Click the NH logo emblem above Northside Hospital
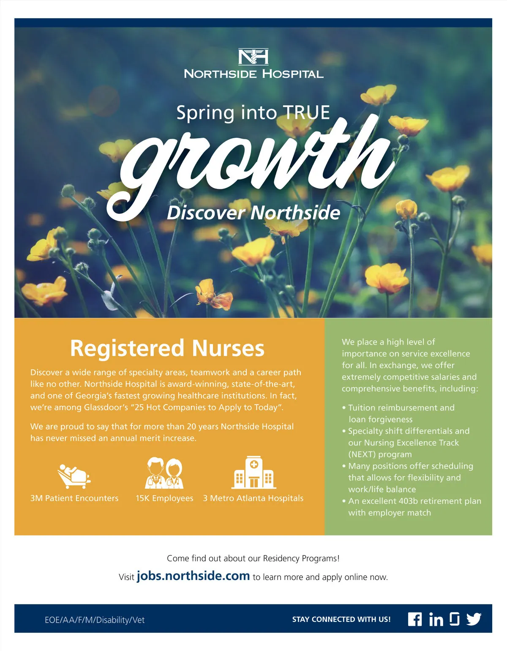point(253,57)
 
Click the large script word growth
point(253,165)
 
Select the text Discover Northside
point(253,213)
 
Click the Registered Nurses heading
point(167,348)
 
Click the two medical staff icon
point(164,473)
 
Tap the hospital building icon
point(253,472)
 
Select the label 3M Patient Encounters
point(74,498)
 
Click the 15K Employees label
point(164,498)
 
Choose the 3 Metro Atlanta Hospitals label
point(253,498)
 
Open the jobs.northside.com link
point(193,576)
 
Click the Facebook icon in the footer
point(415,619)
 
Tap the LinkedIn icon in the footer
point(436,620)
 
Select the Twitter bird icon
point(474,619)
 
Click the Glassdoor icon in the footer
point(455,619)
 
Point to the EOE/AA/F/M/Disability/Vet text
point(95,620)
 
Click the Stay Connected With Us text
point(341,620)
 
